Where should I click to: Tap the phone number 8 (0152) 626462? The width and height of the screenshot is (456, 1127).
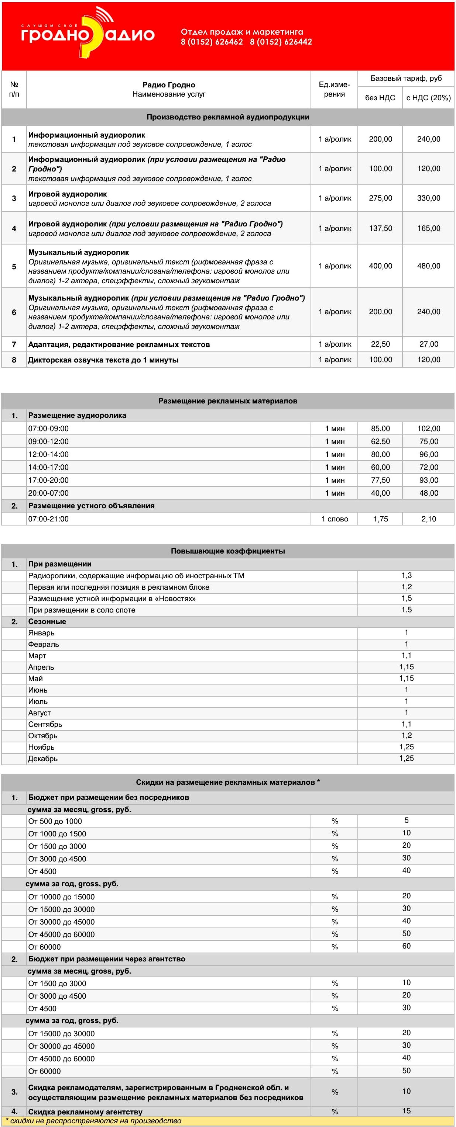[x=212, y=42]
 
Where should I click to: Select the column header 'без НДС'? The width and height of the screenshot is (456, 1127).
[x=380, y=98]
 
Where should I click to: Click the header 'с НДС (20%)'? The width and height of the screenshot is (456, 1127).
[x=428, y=98]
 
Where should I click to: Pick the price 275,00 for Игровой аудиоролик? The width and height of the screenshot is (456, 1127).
[x=380, y=198]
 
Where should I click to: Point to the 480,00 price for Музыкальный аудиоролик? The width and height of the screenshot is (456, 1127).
[x=428, y=266]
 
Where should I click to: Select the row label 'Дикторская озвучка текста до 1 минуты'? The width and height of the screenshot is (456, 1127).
[x=103, y=360]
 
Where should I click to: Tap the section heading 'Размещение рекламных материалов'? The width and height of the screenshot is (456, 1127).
[x=227, y=401]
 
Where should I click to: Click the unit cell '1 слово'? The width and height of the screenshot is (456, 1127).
[x=335, y=519]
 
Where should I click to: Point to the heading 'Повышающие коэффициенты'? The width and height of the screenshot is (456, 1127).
[x=227, y=551]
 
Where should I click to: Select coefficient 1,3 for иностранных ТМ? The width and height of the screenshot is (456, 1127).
[x=406, y=575]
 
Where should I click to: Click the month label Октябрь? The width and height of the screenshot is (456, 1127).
[x=43, y=736]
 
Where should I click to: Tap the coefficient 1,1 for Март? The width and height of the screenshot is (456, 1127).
[x=406, y=655]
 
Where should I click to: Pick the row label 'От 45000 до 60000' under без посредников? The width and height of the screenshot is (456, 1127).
[x=61, y=934]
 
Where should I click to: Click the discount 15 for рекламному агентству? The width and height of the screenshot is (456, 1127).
[x=406, y=1111]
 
